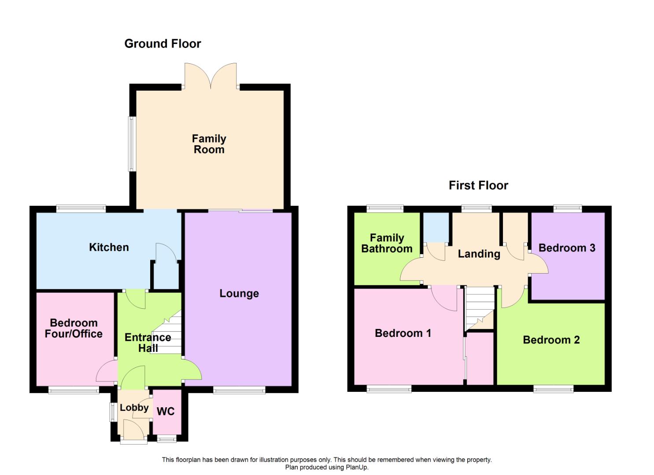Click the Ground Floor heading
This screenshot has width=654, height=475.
[x=163, y=44]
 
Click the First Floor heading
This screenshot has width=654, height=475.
[x=478, y=185]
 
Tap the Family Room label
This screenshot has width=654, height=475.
[x=209, y=144]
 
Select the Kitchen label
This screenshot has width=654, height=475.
[x=109, y=247]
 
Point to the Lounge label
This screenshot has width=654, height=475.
[x=239, y=293]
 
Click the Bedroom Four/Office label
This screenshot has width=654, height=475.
[x=74, y=329]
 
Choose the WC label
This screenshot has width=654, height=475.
[x=166, y=411]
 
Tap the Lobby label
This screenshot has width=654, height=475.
[x=134, y=408]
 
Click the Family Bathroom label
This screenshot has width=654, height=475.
[x=387, y=243]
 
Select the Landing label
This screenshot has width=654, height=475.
[x=479, y=254]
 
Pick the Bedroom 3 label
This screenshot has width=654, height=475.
[x=567, y=248]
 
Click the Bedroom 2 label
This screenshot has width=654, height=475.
[x=551, y=340]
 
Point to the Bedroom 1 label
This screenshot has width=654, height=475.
[x=403, y=333]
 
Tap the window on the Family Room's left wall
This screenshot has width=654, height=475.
[x=131, y=144]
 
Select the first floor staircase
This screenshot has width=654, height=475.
[x=480, y=308]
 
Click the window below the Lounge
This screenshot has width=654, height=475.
[x=239, y=390]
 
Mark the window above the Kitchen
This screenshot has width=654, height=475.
[x=81, y=209]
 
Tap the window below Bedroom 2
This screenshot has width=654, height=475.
[x=553, y=388]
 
